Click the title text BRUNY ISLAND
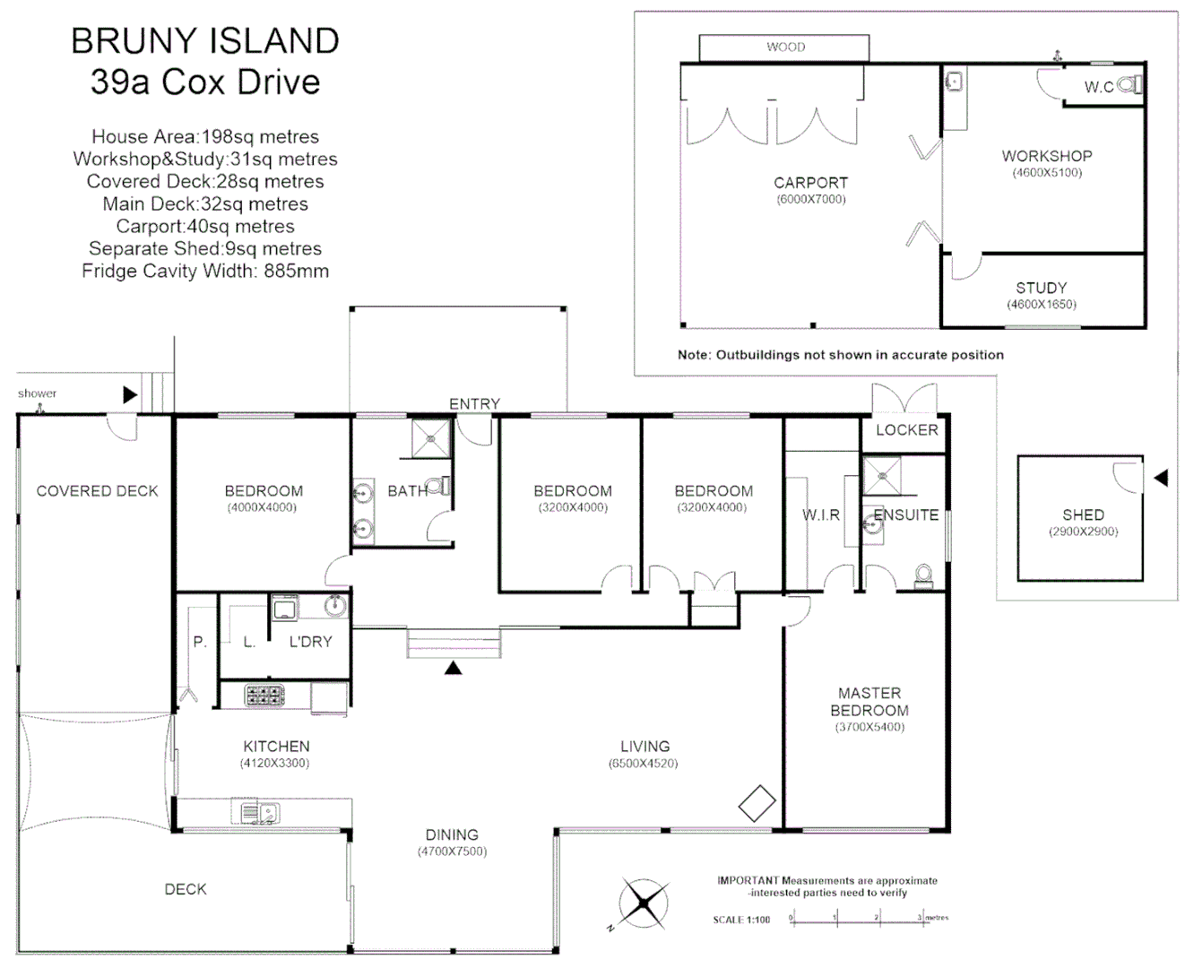coord(205,41)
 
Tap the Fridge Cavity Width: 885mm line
coord(205,271)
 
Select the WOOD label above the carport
coord(785,48)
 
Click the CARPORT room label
coord(810,182)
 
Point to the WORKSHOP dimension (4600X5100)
coord(1047,173)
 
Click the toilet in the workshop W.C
coord(1132,86)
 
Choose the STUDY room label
coord(1041,288)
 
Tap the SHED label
coord(1083,514)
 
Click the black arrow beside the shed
coord(1161,479)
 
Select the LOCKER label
coord(906,430)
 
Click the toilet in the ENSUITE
coord(922,575)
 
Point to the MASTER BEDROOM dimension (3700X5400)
coord(869,727)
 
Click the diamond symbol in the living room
coord(757,803)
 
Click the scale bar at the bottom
coord(856,918)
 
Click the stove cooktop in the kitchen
coord(264,696)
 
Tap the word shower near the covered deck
coord(37,393)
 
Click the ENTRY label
coord(474,404)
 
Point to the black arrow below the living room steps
coord(454,667)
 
